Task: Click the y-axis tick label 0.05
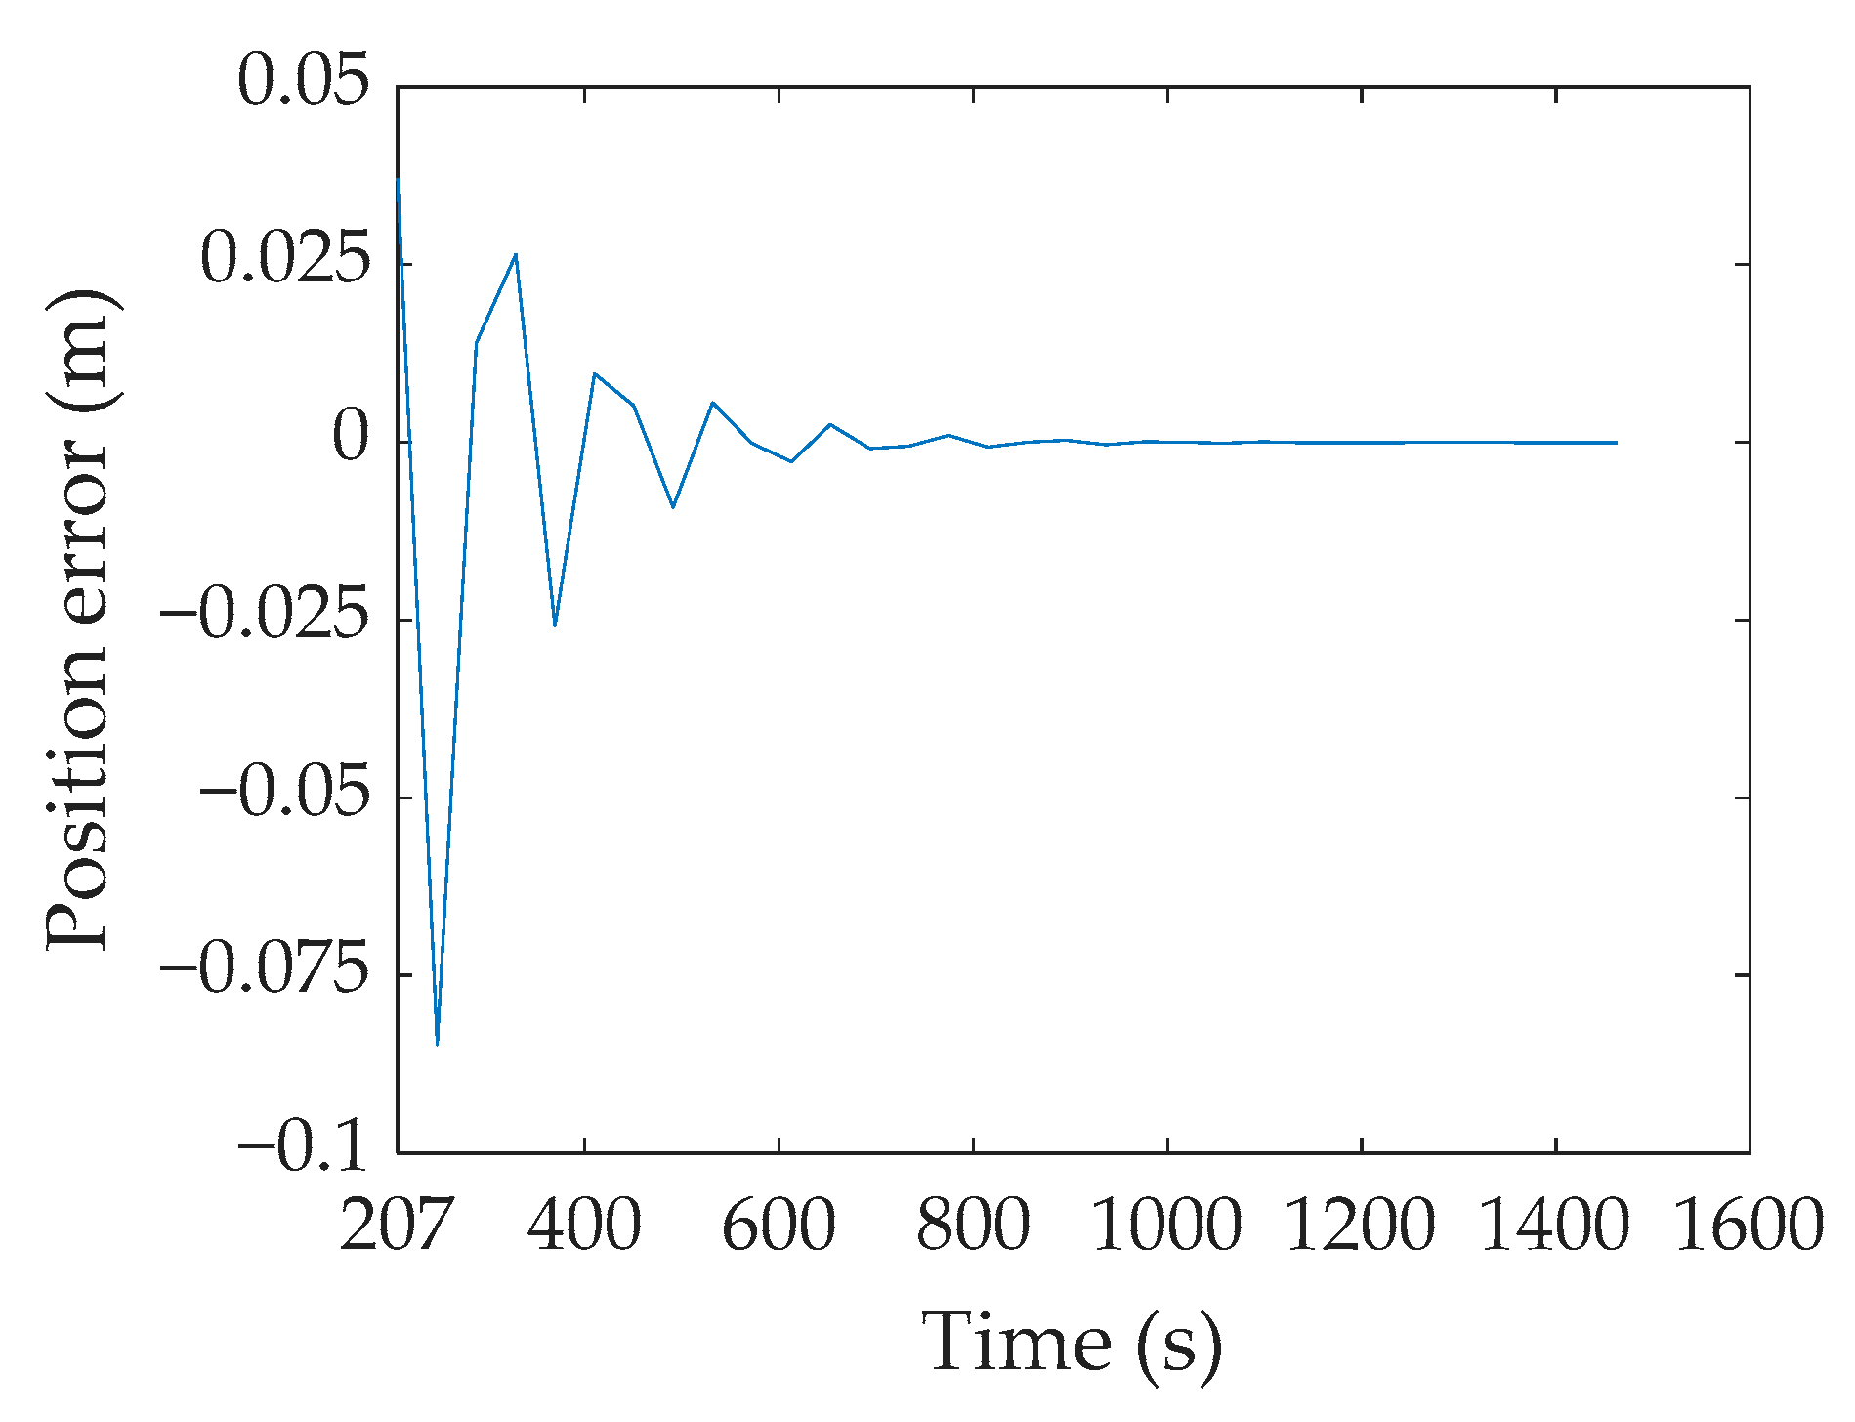click(x=304, y=80)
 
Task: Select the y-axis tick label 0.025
click(x=285, y=259)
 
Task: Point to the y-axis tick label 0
click(x=352, y=438)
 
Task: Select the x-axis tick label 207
click(x=397, y=1226)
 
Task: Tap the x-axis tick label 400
click(x=584, y=1226)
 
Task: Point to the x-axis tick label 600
click(x=779, y=1226)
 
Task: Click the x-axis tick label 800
click(x=973, y=1226)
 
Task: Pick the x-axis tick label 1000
click(x=1166, y=1226)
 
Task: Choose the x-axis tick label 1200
click(x=1361, y=1226)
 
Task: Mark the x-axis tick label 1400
click(x=1555, y=1226)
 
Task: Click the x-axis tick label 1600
click(x=1750, y=1226)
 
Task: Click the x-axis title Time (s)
click(x=1072, y=1345)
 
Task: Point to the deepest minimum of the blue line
click(x=437, y=1045)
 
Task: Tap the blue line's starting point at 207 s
click(x=398, y=179)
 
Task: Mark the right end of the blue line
click(x=1617, y=443)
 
